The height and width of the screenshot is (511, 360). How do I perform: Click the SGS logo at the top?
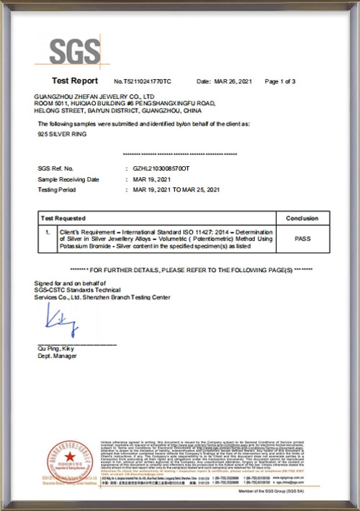76,51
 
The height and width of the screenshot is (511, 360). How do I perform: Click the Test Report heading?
75,81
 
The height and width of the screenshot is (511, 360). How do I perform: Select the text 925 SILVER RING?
58,135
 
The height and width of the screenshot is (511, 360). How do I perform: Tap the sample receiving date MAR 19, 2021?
148,178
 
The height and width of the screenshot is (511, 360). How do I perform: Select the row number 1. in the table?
47,232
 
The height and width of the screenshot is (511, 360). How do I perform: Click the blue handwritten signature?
62,319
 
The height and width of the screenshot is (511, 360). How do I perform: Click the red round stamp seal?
70,461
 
